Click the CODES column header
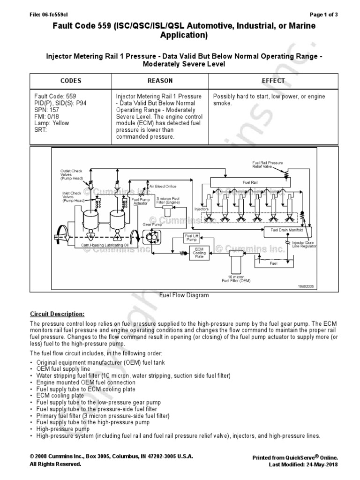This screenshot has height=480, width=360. coord(71,81)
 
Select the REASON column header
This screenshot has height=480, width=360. coord(160,81)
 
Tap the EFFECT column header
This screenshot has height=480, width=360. coord(273,81)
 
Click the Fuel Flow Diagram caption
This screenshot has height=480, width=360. coord(184,296)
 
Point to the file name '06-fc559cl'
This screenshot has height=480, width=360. coord(53,15)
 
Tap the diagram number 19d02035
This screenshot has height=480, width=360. coord(305,286)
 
